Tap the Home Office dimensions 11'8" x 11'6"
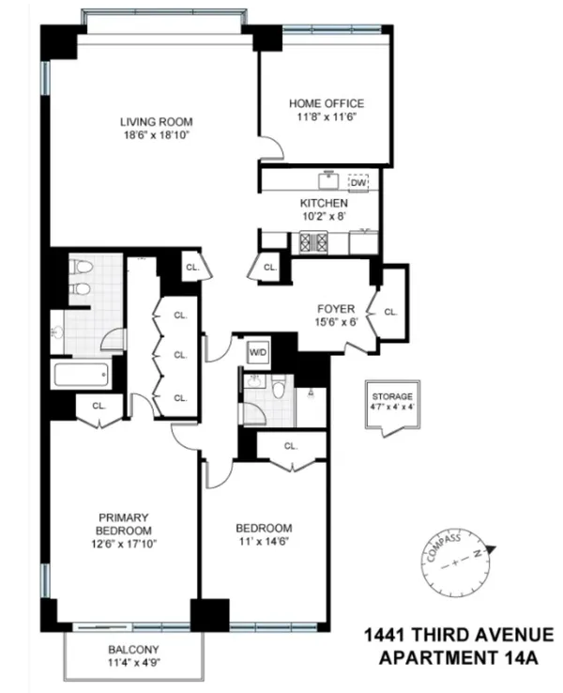pyautogui.click(x=326, y=116)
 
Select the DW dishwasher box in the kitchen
pyautogui.click(x=358, y=183)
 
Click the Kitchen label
pyautogui.click(x=324, y=203)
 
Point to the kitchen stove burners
pyautogui.click(x=312, y=241)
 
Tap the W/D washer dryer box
pyautogui.click(x=257, y=353)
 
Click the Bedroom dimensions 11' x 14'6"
pyautogui.click(x=264, y=542)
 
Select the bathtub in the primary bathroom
pyautogui.click(x=83, y=376)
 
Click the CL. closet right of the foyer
pyautogui.click(x=390, y=311)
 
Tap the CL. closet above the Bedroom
pyautogui.click(x=291, y=446)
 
